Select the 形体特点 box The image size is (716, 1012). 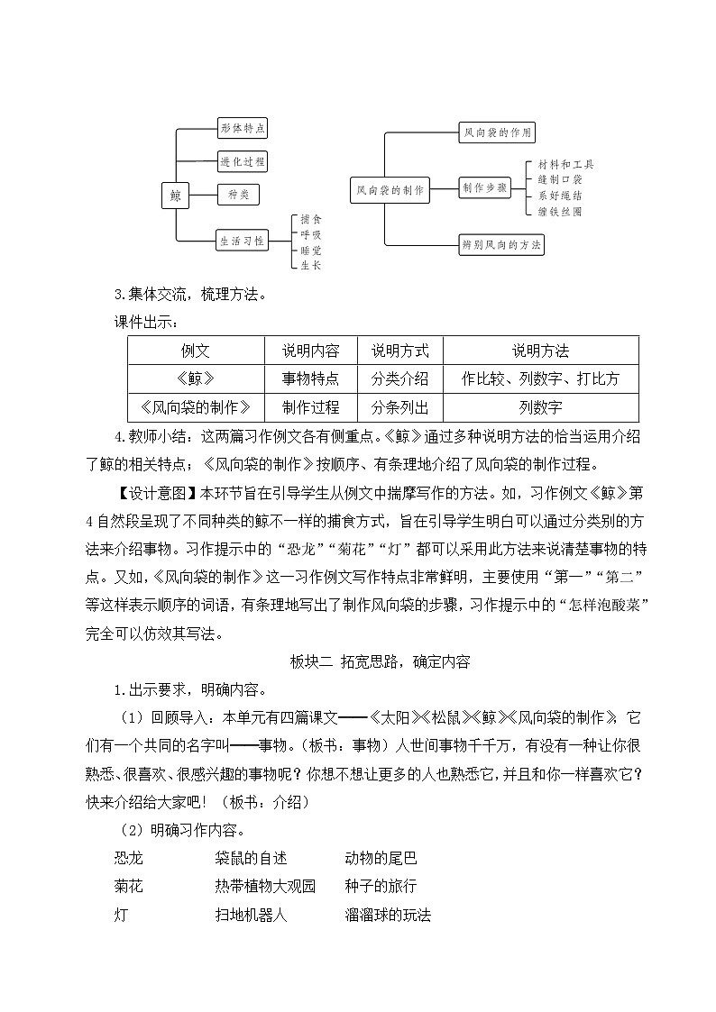(x=243, y=129)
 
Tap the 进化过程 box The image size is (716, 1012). (x=243, y=161)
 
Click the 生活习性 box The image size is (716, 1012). (x=243, y=241)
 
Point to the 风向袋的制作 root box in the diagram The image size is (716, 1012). (x=389, y=190)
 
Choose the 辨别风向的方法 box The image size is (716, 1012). (x=501, y=243)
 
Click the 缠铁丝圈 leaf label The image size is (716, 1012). (x=561, y=211)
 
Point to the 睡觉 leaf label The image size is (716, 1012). (x=311, y=250)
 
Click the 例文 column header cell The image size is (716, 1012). (x=196, y=351)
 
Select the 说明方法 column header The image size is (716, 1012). (x=540, y=351)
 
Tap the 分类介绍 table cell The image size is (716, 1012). (x=399, y=378)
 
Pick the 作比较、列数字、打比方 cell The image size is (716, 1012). (x=540, y=378)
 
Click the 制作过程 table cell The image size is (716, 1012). (x=311, y=406)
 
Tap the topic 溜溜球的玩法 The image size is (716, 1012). (x=388, y=915)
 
